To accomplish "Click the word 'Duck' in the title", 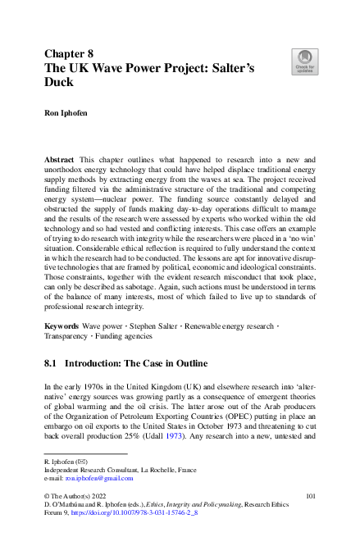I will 63,84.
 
